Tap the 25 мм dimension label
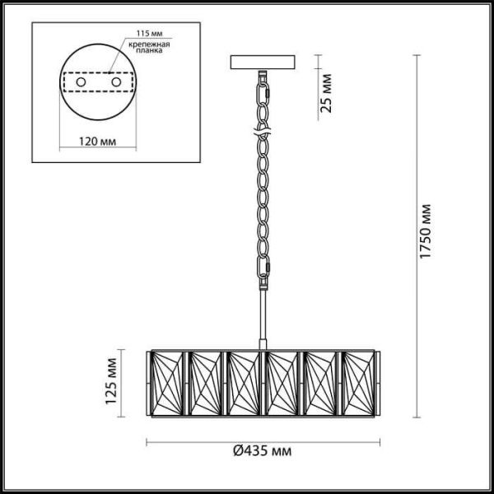point(326,93)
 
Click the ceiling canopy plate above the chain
point(264,63)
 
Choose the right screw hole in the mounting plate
point(116,82)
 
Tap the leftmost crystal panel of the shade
point(168,383)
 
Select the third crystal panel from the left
point(245,383)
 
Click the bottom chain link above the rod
point(263,268)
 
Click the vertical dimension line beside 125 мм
point(123,383)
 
